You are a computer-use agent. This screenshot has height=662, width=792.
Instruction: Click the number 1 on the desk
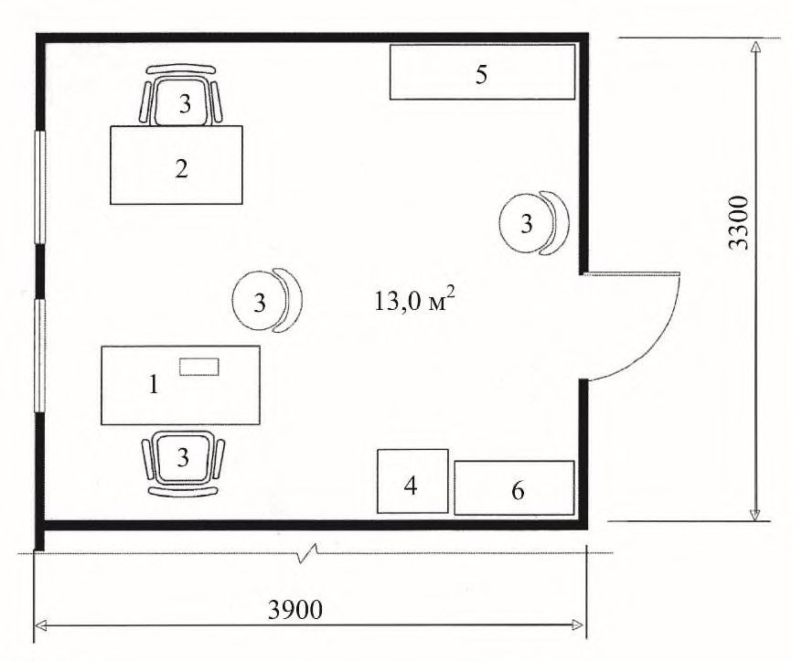point(154,385)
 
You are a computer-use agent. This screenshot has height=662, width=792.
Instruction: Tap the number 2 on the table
point(181,168)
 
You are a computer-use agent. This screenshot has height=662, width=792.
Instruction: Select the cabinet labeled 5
point(482,71)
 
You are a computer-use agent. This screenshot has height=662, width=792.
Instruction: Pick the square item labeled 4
point(412,481)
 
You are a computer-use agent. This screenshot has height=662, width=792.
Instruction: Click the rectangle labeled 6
point(514,487)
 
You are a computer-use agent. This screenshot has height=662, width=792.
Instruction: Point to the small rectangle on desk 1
point(199,367)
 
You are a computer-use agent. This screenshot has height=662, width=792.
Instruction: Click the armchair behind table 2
point(181,96)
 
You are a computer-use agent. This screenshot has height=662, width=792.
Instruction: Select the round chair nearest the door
point(534,222)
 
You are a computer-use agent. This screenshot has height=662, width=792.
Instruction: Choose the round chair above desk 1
point(267,300)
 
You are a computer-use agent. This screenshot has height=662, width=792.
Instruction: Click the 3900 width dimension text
point(295,610)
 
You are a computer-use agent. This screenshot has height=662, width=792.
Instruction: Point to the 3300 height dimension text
point(739,222)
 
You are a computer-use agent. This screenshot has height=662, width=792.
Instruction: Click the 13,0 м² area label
point(414,302)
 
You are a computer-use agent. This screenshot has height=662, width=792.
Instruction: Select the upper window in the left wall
point(40,187)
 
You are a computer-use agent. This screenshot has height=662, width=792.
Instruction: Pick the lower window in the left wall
point(40,356)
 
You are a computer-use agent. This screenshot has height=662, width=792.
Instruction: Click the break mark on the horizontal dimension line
point(308,553)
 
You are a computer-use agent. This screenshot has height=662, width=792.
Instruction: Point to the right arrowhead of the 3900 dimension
point(576,625)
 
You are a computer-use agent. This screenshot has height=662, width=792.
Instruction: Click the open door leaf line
point(631,274)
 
